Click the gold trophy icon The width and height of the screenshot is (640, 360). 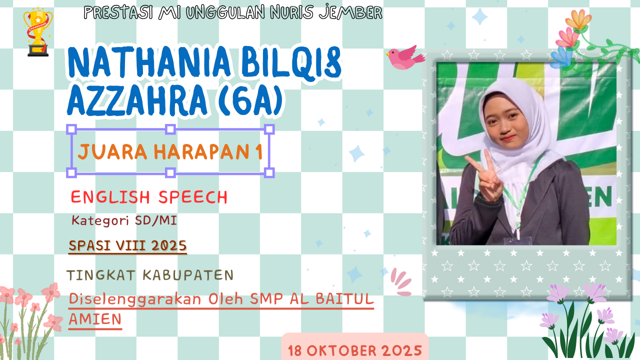point(37,32)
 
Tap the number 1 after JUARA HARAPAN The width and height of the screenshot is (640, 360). point(258,152)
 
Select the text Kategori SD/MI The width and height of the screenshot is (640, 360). point(124,220)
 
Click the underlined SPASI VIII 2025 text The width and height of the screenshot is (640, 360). point(127,245)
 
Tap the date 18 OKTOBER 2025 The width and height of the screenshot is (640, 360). point(355,350)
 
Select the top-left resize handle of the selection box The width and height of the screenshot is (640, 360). point(71,129)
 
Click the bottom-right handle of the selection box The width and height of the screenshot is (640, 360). point(269,172)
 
